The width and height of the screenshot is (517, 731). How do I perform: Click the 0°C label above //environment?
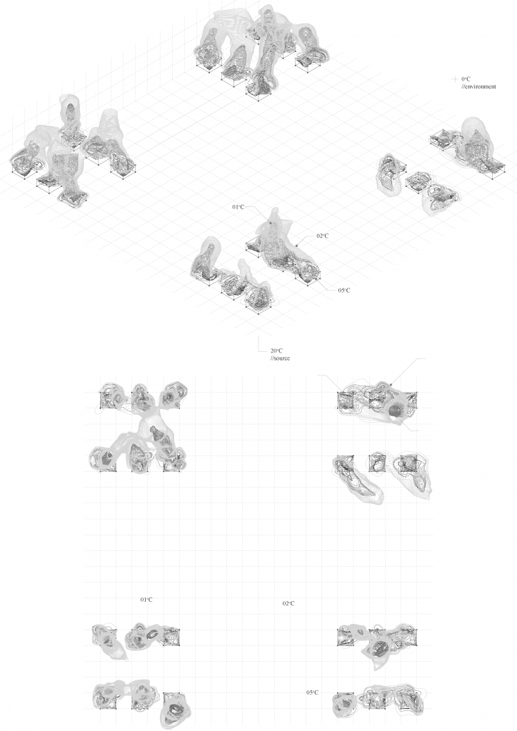point(466,79)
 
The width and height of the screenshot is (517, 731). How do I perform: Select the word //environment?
point(478,86)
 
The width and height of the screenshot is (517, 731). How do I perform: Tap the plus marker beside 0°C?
point(455,79)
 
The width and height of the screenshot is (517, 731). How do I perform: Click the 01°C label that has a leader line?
point(238,206)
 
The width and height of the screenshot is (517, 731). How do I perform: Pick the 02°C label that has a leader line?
point(322,236)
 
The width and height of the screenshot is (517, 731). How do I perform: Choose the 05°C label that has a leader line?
point(344,291)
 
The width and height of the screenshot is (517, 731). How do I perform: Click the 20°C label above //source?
point(276,351)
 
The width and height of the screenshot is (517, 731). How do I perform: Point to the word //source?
point(280,358)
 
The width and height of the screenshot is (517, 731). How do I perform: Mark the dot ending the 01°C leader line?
point(270,223)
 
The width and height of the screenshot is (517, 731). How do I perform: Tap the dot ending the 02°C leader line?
point(296,246)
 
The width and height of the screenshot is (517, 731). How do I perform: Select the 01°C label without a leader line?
point(146,600)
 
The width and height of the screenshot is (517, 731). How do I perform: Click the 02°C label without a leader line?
point(288,603)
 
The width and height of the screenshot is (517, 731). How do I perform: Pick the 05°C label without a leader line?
point(312,692)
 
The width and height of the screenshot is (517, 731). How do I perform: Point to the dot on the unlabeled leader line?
point(391,385)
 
